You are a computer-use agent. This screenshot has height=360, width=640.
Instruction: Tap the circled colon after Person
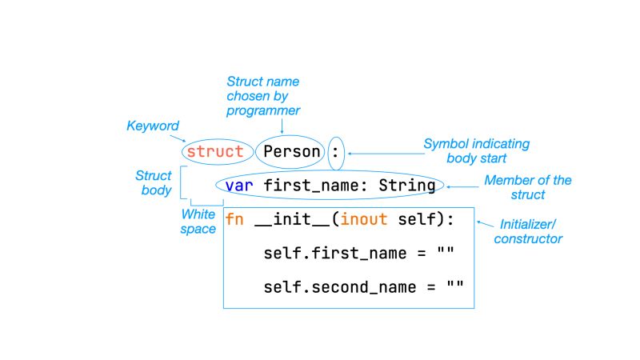click(336, 151)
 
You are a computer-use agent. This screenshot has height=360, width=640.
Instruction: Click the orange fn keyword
click(234, 219)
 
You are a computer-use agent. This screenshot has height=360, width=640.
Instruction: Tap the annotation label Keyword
click(153, 126)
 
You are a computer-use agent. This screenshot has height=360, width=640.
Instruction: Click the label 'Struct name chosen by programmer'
click(263, 96)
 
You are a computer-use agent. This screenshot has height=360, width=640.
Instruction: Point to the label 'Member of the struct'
click(527, 187)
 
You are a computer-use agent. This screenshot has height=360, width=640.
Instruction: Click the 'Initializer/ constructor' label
click(528, 231)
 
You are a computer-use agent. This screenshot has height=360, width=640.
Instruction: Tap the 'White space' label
click(198, 222)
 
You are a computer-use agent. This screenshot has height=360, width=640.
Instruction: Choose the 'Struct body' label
click(153, 182)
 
